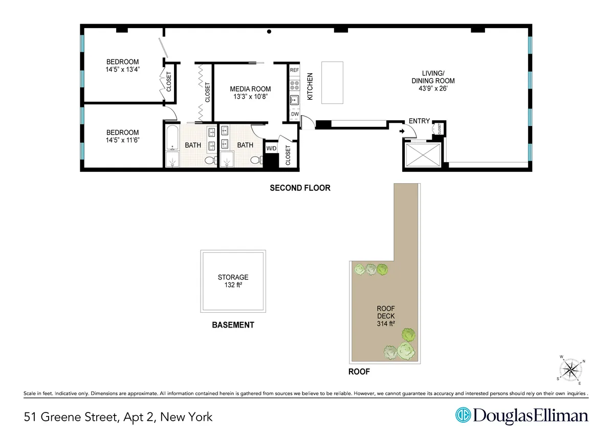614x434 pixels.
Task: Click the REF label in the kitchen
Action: tap(294, 70)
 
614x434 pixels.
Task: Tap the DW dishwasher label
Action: tap(295, 114)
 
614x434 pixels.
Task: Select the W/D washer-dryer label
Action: tap(271, 148)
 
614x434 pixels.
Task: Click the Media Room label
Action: tap(250, 89)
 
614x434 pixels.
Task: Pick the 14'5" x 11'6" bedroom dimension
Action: tap(122, 140)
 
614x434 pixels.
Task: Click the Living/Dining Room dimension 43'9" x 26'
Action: tap(433, 88)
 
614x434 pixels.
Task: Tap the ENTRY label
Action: tap(419, 121)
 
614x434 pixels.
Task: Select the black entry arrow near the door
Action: tap(402, 131)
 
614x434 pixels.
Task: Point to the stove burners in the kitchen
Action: tap(294, 84)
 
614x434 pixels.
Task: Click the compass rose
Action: tap(571, 369)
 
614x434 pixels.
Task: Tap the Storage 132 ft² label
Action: tap(233, 281)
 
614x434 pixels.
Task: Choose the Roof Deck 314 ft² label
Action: tap(386, 316)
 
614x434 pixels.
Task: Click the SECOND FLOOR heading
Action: tap(300, 188)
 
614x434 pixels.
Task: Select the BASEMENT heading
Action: tap(233, 325)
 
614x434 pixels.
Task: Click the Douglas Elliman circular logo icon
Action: tap(463, 415)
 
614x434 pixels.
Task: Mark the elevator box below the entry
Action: tap(422, 155)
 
